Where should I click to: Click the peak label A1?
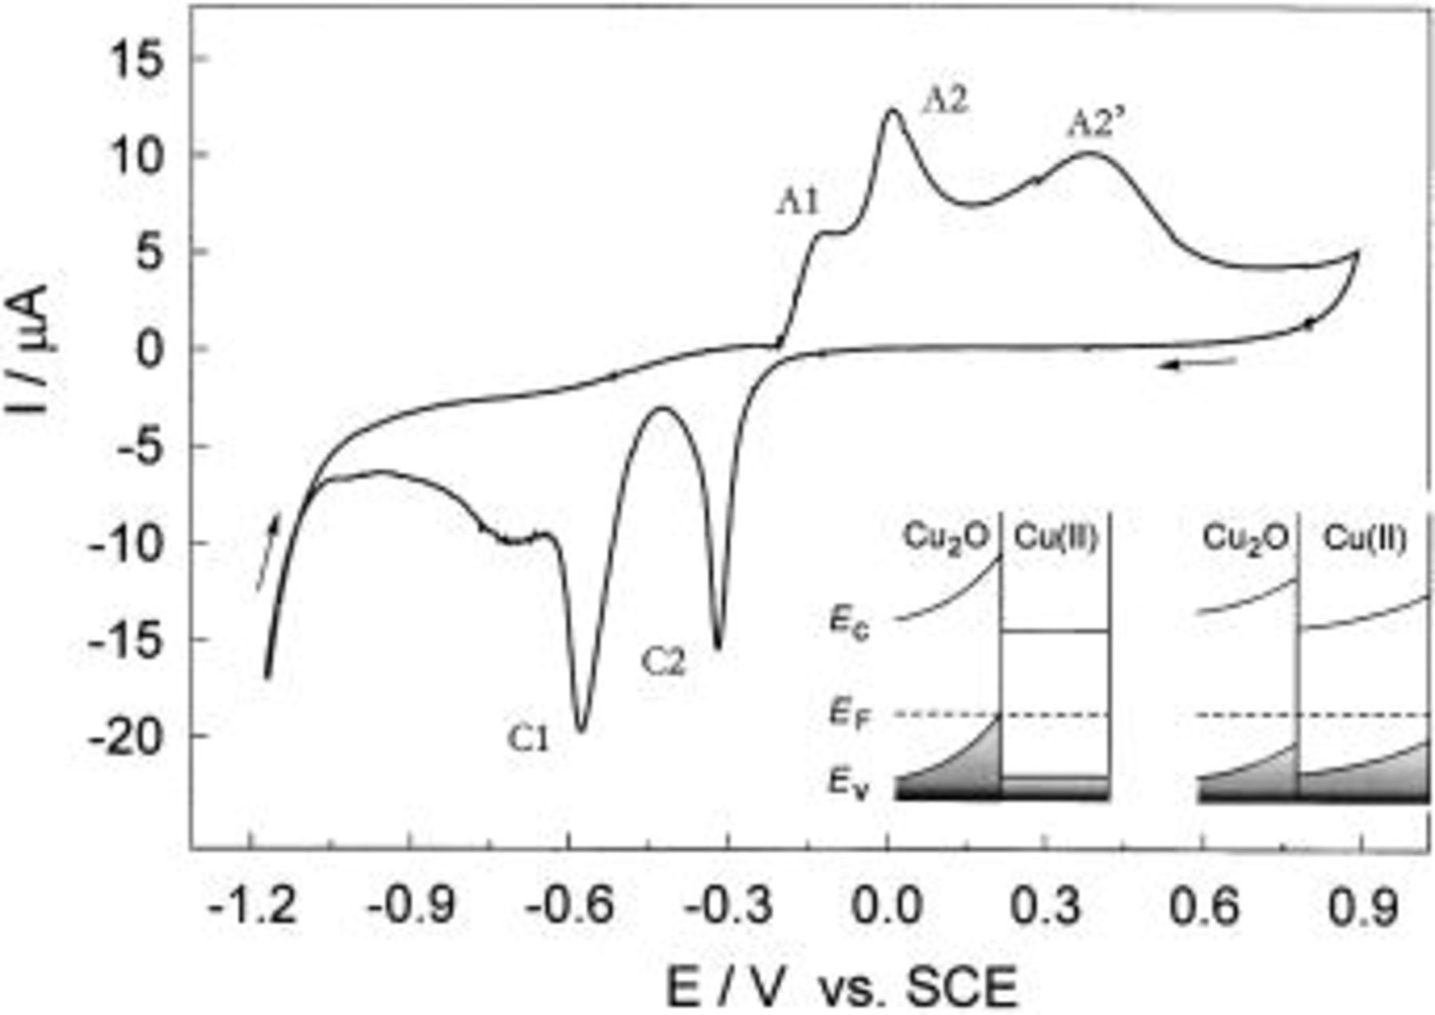coord(798,204)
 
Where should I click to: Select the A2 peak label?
coord(946,102)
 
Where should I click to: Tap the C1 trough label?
coord(529,741)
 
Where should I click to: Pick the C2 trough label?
coord(663,663)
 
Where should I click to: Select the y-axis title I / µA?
coord(32,351)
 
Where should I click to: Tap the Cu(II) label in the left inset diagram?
coord(1056,539)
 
